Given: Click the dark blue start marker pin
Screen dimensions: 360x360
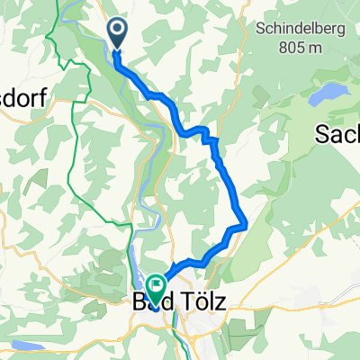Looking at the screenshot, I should pyautogui.click(x=118, y=33).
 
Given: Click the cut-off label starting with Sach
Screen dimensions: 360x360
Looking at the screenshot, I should pyautogui.click(x=337, y=135).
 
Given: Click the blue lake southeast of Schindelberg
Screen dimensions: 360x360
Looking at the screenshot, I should pyautogui.click(x=328, y=91).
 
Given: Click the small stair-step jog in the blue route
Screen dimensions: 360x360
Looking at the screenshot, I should pyautogui.click(x=212, y=139).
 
